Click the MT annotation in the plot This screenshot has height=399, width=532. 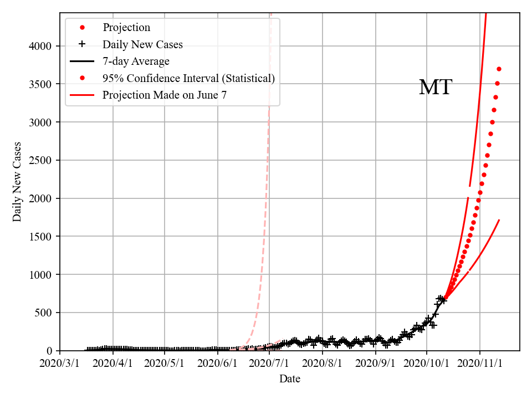coord(436,88)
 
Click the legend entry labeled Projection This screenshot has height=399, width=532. coord(126,28)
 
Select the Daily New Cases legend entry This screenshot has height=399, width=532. coord(142,44)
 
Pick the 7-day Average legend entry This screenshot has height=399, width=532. coord(136,62)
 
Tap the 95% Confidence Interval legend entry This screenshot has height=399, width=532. coord(188,78)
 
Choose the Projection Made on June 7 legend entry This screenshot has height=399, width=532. coord(165,95)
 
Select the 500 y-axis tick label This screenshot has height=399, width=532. coord(45,313)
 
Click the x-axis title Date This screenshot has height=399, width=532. coord(290,379)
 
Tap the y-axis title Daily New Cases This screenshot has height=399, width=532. coord(17,181)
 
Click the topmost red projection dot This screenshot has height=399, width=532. coord(499,69)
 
